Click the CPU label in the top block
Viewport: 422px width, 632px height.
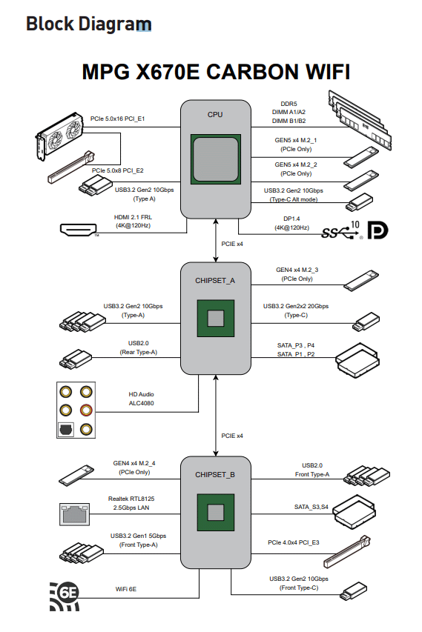pyautogui.click(x=215, y=114)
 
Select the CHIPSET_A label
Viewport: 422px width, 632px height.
pyautogui.click(x=215, y=281)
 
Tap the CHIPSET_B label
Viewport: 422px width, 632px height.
pyautogui.click(x=215, y=475)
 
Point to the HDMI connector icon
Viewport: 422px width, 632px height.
pyautogui.click(x=79, y=230)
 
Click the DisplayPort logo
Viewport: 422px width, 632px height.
pyautogui.click(x=378, y=230)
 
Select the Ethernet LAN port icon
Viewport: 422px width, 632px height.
pyautogui.click(x=75, y=514)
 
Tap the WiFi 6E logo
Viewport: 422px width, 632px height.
pyautogui.click(x=65, y=596)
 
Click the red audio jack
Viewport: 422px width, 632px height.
pyautogui.click(x=86, y=410)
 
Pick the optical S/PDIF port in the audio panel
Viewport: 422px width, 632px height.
pyautogui.click(x=66, y=429)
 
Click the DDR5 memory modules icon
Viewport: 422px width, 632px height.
pyautogui.click(x=360, y=120)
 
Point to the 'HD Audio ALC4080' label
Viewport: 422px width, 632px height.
pyautogui.click(x=141, y=399)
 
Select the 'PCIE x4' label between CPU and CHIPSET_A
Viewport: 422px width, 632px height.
pyautogui.click(x=232, y=244)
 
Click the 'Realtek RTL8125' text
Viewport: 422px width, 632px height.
pyautogui.click(x=131, y=499)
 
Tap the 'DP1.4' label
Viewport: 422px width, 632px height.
pyautogui.click(x=291, y=219)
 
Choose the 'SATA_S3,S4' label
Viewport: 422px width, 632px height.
pyautogui.click(x=311, y=507)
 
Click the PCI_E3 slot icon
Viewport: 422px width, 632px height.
pyautogui.click(x=346, y=552)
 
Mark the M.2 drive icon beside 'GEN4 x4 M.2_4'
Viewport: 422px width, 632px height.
pyautogui.click(x=76, y=475)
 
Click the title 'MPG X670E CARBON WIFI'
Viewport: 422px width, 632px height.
pyautogui.click(x=216, y=72)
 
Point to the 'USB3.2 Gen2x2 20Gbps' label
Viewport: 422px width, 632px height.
pyautogui.click(x=296, y=306)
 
